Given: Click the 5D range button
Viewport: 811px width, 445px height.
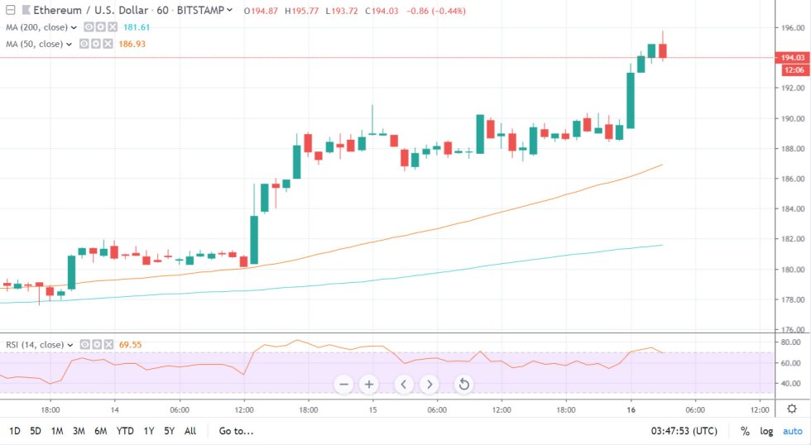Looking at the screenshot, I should [x=36, y=431].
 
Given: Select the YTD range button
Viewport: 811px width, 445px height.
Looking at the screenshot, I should [x=125, y=431].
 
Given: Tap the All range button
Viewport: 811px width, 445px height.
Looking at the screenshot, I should [x=190, y=431].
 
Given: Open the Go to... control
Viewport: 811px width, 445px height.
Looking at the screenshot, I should [x=236, y=431].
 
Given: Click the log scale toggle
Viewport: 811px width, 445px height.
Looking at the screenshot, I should [x=767, y=431].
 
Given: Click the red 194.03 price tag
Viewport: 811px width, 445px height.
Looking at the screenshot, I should [x=791, y=57].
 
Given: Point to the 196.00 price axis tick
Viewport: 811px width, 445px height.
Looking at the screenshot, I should [x=793, y=27].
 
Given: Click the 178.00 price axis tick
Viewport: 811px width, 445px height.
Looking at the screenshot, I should [x=793, y=299].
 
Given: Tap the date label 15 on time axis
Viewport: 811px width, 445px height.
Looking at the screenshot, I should [x=373, y=409].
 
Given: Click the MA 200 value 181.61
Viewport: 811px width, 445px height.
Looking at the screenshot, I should [x=135, y=27].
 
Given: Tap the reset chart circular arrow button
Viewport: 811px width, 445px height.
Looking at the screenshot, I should [x=463, y=384].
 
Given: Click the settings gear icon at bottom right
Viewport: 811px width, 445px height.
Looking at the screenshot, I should [x=792, y=409].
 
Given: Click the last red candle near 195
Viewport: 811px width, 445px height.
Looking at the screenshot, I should [x=663, y=50].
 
